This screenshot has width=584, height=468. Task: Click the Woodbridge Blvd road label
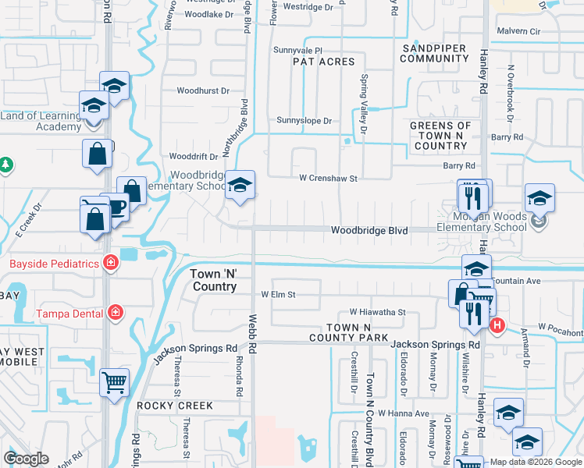369,230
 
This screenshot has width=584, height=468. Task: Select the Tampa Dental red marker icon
116,313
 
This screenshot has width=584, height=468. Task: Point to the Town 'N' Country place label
214,281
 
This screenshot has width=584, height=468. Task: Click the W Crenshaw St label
329,178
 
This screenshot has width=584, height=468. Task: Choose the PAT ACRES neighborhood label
323,62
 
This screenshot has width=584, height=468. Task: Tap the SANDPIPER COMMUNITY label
433,53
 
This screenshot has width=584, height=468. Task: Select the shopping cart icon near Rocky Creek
115,382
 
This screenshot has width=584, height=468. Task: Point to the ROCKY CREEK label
175,406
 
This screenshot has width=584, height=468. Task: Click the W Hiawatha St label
378,312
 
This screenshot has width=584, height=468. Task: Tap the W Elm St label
279,295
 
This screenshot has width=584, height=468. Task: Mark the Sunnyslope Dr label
304,121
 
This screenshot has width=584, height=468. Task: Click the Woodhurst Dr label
203,90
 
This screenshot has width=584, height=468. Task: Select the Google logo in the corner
27,459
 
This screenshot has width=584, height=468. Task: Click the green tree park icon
6,165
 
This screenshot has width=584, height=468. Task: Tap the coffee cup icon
116,207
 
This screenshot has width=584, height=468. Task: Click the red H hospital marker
497,324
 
